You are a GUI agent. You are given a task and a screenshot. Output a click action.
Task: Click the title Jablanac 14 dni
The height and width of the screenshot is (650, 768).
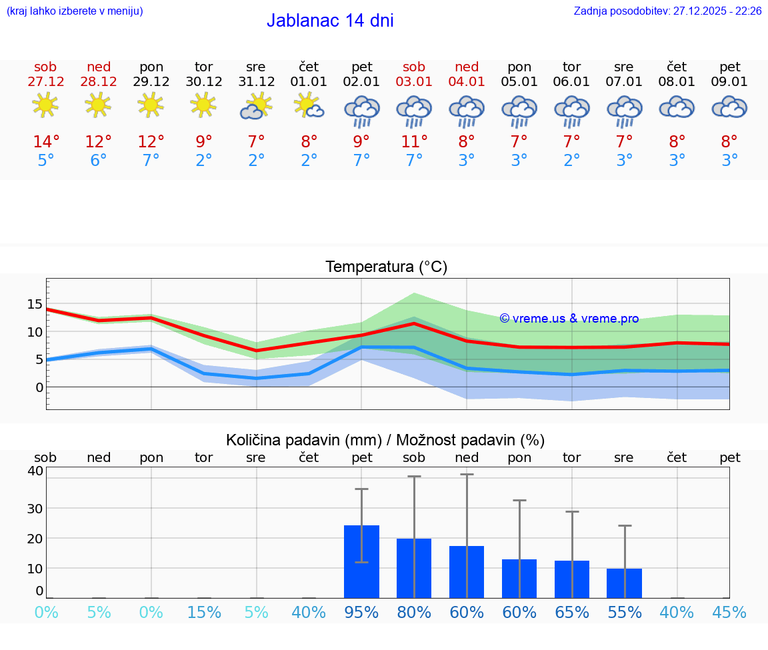click(x=330, y=21)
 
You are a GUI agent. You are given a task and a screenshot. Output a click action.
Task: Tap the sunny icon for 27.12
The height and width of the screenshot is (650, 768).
click(x=45, y=105)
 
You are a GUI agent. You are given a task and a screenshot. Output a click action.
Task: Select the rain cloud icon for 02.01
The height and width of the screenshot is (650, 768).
click(x=361, y=110)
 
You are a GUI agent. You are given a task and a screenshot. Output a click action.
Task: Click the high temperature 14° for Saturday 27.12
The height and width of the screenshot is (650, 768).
click(x=46, y=142)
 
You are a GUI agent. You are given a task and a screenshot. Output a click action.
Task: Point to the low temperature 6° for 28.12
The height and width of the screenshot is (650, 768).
click(x=99, y=161)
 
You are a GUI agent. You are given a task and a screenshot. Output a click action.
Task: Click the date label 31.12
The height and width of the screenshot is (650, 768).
click(x=256, y=81)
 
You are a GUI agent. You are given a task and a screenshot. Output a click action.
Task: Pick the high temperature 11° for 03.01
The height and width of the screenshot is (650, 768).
click(x=414, y=142)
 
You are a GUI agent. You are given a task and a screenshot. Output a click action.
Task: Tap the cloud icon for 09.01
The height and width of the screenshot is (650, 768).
click(x=729, y=107)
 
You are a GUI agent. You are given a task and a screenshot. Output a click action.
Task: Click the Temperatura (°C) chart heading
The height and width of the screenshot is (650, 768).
click(x=387, y=267)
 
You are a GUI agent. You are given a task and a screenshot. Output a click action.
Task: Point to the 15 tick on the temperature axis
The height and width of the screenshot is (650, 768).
click(x=35, y=304)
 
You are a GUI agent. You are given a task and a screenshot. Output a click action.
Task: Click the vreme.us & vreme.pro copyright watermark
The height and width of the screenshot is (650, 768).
click(x=569, y=319)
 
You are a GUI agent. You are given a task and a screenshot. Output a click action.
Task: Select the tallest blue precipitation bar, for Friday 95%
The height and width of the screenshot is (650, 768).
click(x=361, y=561)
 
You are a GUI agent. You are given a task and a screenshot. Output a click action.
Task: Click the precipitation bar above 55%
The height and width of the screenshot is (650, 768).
click(x=624, y=583)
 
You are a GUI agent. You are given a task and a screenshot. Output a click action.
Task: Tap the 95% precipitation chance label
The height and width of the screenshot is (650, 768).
click(x=361, y=612)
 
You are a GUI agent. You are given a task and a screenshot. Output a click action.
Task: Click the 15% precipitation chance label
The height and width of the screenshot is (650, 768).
click(x=203, y=612)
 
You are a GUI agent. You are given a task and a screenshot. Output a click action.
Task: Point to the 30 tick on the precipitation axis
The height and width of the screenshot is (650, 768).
click(x=35, y=508)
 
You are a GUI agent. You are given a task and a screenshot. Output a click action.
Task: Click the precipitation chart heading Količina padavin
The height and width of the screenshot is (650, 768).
click(x=385, y=440)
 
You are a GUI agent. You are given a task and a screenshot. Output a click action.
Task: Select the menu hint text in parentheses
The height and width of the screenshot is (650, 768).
click(x=74, y=11)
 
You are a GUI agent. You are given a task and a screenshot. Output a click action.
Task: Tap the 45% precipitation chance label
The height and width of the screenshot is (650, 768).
click(x=729, y=612)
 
